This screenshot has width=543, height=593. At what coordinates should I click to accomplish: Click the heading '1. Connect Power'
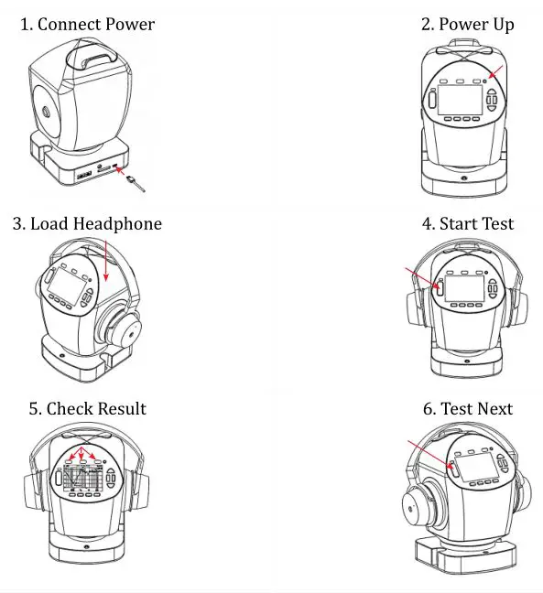coord(87,25)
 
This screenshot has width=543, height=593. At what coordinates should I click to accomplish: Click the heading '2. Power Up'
coord(467,25)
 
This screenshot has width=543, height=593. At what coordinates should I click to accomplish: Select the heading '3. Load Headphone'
coord(87,224)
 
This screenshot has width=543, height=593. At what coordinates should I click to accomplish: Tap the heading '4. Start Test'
coord(467,224)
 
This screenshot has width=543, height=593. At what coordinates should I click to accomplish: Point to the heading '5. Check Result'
coord(87,408)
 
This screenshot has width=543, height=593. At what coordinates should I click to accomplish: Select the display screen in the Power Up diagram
coord(460,99)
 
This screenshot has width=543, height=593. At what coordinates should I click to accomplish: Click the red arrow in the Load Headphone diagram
coord(106,262)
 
